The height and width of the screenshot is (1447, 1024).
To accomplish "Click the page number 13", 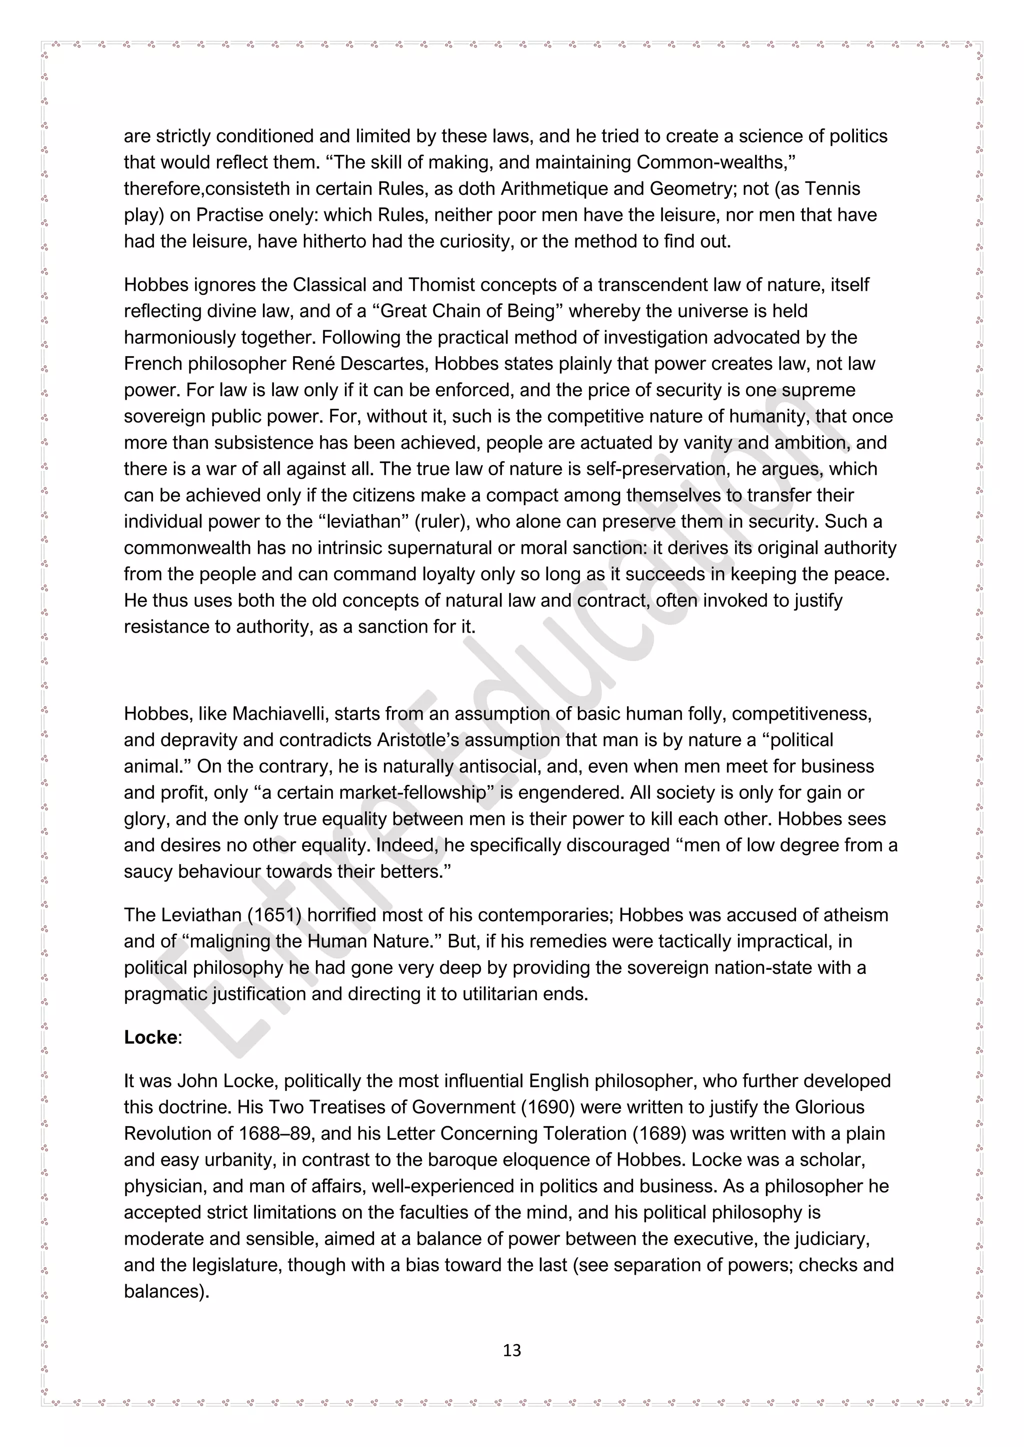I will pos(512,1351).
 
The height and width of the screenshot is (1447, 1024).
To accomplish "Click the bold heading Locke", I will pos(150,1037).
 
